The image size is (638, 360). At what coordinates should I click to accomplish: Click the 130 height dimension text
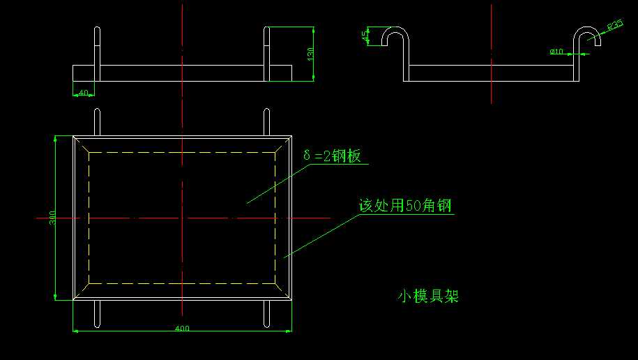[x=310, y=52]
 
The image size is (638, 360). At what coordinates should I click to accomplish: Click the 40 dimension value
[x=84, y=92]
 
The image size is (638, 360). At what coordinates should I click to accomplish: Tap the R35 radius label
[x=615, y=26]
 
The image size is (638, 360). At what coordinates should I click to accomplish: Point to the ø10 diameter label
[x=556, y=51]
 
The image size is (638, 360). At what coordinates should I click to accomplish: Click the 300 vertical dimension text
[x=53, y=218]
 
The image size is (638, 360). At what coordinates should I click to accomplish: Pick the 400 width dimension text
[x=182, y=329]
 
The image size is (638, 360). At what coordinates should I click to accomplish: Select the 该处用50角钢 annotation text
[x=405, y=207]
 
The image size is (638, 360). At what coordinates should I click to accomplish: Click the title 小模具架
[x=428, y=297]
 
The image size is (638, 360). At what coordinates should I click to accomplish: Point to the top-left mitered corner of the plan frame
[x=81, y=143]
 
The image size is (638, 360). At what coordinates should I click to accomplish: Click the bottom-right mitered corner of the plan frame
[x=283, y=292]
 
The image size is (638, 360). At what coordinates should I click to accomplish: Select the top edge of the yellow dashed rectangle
[x=182, y=152]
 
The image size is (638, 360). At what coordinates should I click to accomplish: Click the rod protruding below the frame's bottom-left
[x=97, y=315]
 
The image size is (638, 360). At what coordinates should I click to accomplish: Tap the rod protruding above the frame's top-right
[x=266, y=121]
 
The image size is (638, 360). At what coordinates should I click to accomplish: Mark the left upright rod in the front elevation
[x=98, y=52]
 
